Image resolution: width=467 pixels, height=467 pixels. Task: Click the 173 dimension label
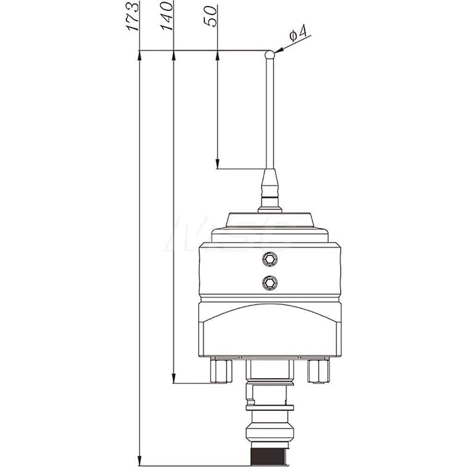point(134,17)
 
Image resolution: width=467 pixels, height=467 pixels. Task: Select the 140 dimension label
point(167,17)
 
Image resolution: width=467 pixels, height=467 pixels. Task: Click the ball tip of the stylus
point(269,54)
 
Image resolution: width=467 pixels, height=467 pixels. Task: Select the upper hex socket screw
point(269,259)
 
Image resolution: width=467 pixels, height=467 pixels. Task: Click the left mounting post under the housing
point(221,371)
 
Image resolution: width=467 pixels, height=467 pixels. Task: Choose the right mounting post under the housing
point(318,371)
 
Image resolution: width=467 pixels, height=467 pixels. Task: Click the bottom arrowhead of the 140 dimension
point(173,377)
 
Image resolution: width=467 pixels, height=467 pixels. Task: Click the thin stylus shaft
point(269,112)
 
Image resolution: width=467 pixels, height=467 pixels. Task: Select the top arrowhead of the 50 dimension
point(218,57)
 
